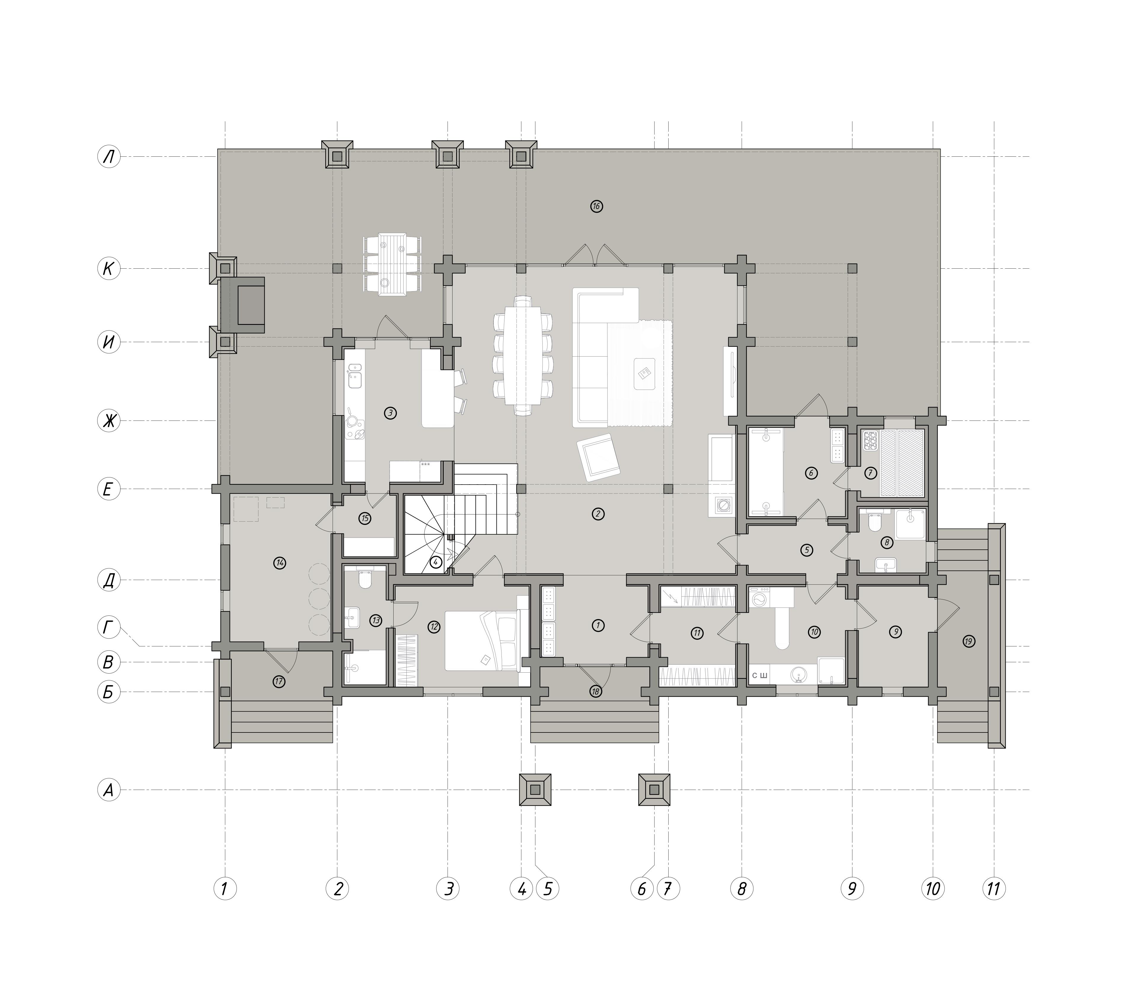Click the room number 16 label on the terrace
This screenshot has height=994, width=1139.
tap(596, 206)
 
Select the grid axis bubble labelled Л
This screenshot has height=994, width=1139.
tap(109, 157)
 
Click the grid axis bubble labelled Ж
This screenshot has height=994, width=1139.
tap(109, 421)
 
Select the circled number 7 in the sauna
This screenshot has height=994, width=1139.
tap(870, 473)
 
